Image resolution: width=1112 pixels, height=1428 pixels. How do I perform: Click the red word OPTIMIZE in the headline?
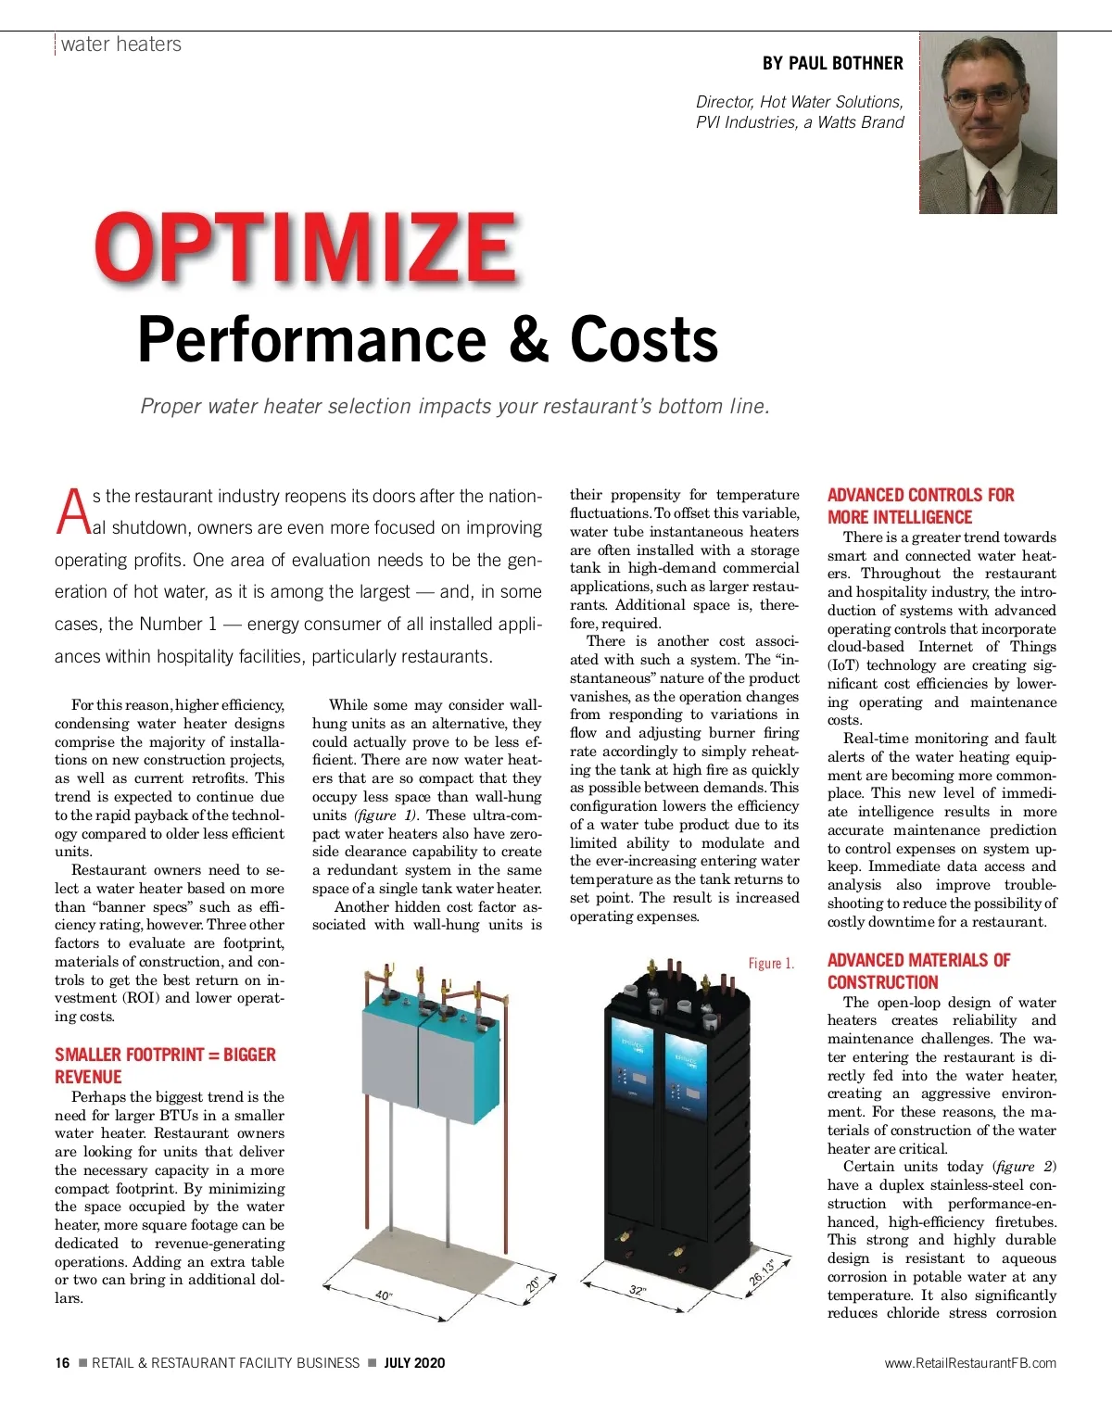point(306,248)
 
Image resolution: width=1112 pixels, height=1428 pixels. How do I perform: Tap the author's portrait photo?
point(988,123)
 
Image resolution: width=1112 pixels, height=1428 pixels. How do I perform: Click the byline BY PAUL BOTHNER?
point(832,63)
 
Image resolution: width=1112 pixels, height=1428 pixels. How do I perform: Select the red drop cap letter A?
point(72,512)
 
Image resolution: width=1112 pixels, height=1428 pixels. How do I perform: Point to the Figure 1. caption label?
point(771,964)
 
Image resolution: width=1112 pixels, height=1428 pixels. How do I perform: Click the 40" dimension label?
point(384,1295)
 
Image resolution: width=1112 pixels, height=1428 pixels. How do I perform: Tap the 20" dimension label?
point(534,1284)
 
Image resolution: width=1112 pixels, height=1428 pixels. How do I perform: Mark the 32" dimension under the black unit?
point(638,1290)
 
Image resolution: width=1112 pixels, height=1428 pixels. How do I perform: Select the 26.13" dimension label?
point(762,1270)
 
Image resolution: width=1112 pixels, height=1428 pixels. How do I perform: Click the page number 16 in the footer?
point(62,1362)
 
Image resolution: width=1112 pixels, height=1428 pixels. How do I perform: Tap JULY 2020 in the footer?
point(414,1362)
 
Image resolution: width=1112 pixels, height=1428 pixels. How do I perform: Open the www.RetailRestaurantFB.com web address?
point(969,1362)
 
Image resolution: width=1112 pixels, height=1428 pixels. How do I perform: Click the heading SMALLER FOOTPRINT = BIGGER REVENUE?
point(165,1066)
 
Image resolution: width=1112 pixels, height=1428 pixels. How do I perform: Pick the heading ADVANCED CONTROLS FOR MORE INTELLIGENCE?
point(920,506)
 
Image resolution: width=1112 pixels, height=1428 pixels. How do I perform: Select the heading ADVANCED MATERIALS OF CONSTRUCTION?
point(918,971)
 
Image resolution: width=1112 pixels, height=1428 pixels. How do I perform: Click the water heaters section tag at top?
point(120,44)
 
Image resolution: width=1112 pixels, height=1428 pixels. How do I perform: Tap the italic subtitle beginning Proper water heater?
point(454,406)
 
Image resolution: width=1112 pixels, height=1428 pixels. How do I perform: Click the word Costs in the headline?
point(644,340)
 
